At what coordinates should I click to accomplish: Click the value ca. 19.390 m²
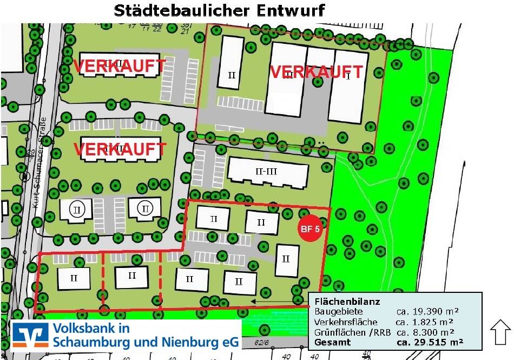tap(427, 311)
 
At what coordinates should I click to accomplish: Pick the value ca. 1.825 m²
tap(424, 322)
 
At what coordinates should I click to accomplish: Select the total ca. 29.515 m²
tap(430, 342)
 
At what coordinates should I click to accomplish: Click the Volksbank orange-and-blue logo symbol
tap(31, 335)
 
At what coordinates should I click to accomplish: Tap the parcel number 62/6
tap(263, 343)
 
